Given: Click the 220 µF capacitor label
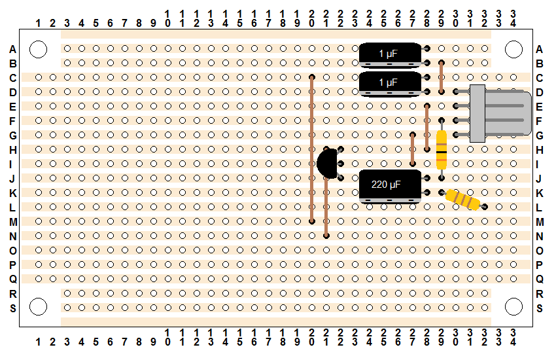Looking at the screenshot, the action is [x=386, y=185].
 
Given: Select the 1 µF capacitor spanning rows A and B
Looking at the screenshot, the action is [x=390, y=56].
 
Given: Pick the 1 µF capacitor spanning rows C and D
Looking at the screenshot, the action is [x=390, y=84].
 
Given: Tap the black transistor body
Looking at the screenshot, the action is [x=327, y=163].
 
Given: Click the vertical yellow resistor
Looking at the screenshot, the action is [x=442, y=149].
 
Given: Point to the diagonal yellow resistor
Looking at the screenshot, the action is [x=463, y=200].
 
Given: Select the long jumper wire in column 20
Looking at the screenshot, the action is [x=312, y=149].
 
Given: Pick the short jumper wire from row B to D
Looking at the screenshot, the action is [x=442, y=77].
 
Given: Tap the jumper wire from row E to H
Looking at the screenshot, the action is [x=427, y=128].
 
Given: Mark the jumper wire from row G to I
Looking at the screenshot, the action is [x=412, y=149].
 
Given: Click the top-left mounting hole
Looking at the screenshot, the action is [x=39, y=49].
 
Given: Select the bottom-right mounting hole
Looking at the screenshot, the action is [x=513, y=307].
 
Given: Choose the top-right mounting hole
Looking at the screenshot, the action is [x=513, y=49].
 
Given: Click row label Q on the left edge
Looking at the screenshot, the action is [x=13, y=279].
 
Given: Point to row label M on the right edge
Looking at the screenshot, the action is [x=540, y=222].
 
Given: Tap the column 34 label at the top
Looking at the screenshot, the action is [x=513, y=18].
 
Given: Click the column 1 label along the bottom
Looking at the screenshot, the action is [x=39, y=342].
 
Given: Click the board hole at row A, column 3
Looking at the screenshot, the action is [x=67, y=48].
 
